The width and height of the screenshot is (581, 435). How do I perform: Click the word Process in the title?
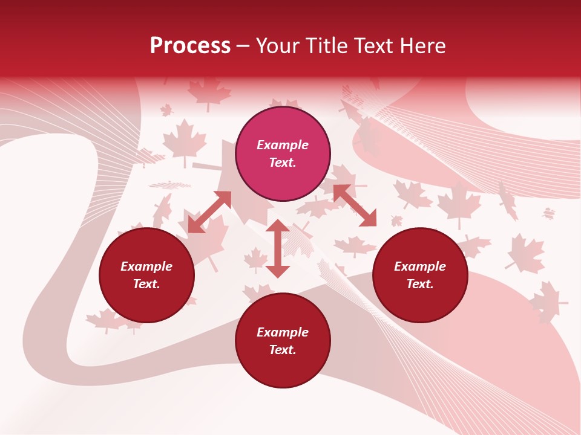click(190, 46)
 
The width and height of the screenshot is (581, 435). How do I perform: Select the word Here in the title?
click(422, 46)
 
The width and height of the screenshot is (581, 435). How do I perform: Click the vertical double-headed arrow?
click(278, 248)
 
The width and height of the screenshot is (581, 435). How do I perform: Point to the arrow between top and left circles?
click(209, 212)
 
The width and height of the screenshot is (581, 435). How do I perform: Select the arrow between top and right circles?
click(355, 205)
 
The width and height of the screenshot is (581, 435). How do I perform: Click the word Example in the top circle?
click(283, 145)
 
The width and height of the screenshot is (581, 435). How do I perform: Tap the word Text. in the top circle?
click(283, 163)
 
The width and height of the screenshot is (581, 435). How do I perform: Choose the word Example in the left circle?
click(146, 266)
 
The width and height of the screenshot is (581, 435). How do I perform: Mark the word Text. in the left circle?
click(146, 284)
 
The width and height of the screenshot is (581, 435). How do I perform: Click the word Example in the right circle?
click(420, 266)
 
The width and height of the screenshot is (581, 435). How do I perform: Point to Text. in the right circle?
click(420, 284)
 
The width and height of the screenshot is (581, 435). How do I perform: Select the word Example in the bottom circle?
click(283, 332)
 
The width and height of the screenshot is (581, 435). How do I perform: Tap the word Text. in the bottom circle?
click(283, 350)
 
